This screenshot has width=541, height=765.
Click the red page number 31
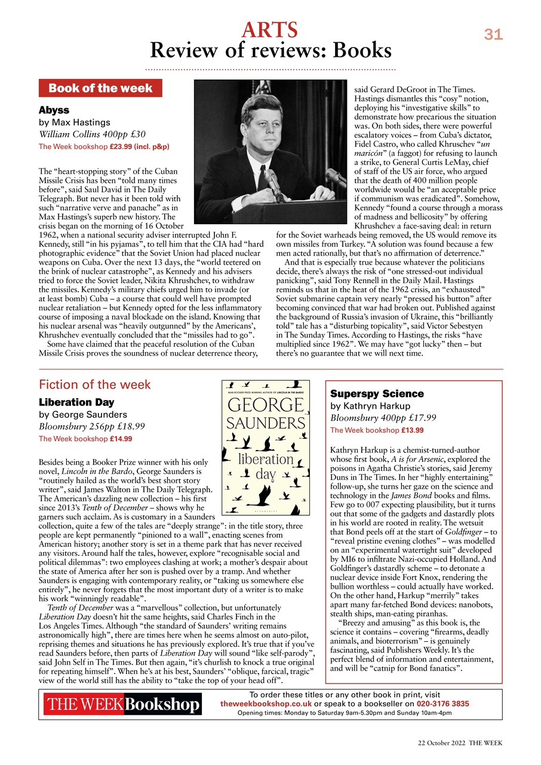click(x=493, y=35)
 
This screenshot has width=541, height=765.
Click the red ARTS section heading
click(x=269, y=29)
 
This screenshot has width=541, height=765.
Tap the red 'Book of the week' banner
click(x=100, y=88)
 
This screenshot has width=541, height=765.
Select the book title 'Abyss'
click(x=54, y=111)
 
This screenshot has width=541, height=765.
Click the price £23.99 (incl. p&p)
click(x=140, y=146)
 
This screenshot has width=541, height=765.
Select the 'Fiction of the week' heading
click(x=95, y=384)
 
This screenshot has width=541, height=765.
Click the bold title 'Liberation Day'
click(x=76, y=402)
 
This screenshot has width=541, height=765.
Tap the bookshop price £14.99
click(x=121, y=439)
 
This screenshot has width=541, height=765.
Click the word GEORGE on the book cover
click(x=266, y=406)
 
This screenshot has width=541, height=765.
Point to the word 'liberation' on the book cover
click(x=265, y=460)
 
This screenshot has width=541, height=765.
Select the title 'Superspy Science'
click(x=377, y=394)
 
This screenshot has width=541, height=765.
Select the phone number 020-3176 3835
click(x=443, y=704)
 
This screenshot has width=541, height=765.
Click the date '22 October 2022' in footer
click(x=441, y=743)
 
